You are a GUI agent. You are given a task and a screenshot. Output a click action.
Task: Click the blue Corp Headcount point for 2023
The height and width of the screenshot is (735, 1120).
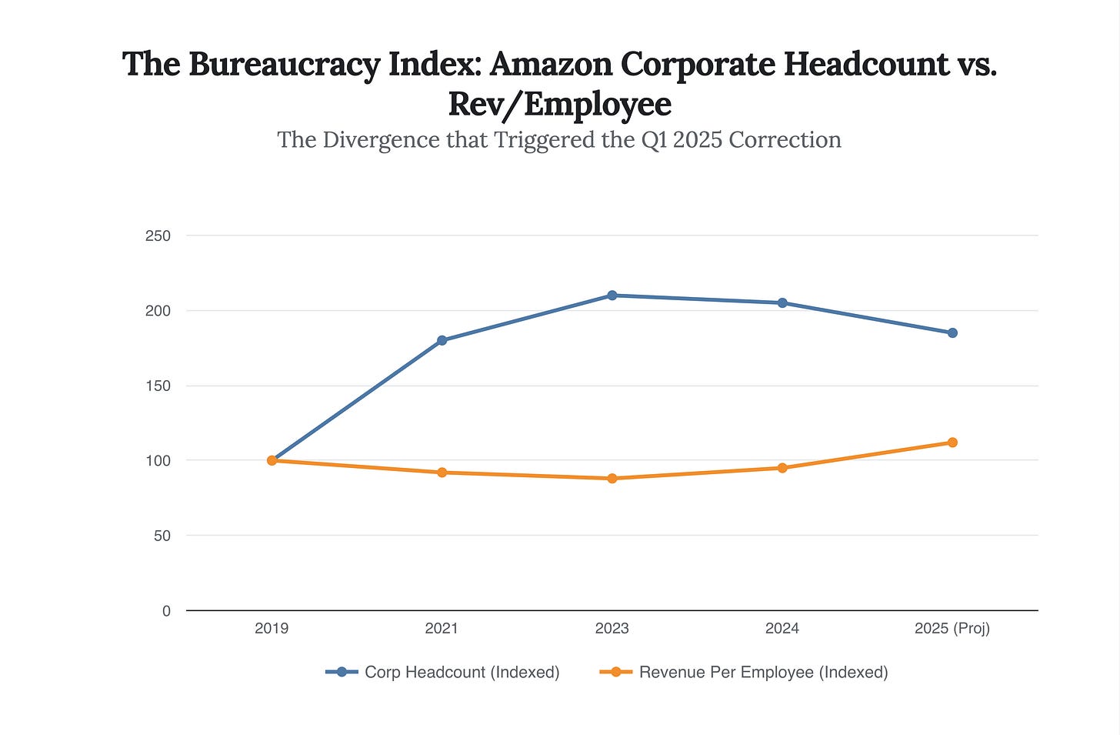pos(612,296)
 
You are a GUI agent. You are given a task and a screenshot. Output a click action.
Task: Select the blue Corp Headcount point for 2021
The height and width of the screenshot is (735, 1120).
pos(442,340)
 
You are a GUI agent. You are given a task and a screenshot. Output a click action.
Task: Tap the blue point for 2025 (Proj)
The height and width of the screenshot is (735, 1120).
pos(952,333)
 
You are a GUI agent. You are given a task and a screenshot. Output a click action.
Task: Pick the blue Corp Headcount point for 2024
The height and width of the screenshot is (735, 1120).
pos(782,303)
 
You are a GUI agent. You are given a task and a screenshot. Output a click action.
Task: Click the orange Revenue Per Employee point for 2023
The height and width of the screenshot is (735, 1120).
pos(612,479)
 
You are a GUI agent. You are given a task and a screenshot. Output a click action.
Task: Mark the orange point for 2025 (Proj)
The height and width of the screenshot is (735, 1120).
pos(952,443)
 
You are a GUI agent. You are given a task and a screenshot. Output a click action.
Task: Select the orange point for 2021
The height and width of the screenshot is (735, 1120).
pos(442,473)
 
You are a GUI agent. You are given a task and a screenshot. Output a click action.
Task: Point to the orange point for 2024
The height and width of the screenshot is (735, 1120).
pos(782,468)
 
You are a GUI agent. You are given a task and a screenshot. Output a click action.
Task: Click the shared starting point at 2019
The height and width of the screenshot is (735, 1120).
pos(272,460)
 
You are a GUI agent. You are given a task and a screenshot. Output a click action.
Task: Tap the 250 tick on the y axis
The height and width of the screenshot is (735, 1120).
pos(158,236)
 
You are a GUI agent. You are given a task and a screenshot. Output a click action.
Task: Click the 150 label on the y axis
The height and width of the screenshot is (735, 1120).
pos(158,386)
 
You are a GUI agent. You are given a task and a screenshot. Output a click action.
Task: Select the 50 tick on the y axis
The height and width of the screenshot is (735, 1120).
pos(162,536)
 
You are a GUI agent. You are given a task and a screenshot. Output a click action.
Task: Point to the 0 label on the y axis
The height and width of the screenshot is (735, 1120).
pos(166,611)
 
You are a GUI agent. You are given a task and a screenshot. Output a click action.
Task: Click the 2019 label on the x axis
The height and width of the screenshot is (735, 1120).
pos(272,629)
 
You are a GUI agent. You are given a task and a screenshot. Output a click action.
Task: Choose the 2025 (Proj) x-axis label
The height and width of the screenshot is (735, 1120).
pos(952,629)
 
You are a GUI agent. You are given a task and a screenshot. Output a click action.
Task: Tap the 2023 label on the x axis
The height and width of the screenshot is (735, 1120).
pos(612,629)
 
